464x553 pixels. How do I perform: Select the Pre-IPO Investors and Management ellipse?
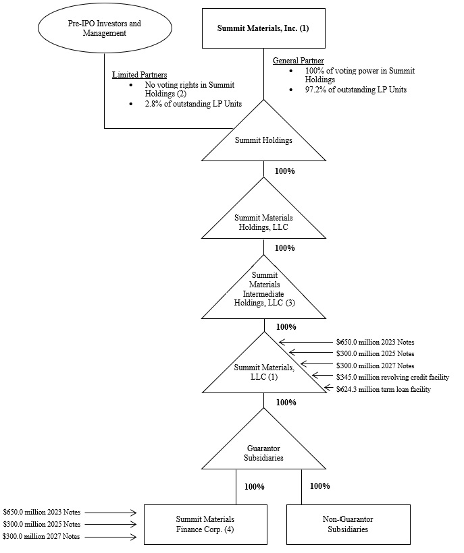pos(105,28)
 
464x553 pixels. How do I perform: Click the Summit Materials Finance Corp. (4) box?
pos(205,524)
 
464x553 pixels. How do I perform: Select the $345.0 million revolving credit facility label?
pos(392,377)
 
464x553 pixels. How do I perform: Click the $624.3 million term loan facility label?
pos(383,389)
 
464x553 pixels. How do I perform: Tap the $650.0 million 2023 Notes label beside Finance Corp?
pos(42,513)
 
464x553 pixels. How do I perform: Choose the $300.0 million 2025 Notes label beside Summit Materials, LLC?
pos(375,353)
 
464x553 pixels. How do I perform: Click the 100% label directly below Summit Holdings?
pos(284,171)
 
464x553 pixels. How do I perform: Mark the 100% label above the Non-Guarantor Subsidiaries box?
pos(319,486)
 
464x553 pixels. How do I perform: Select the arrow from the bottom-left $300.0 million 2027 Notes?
pos(111,537)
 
